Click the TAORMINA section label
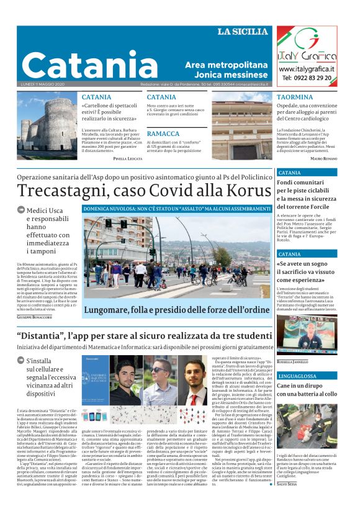(295, 97)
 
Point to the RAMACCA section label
(163, 133)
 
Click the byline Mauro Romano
(323, 159)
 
